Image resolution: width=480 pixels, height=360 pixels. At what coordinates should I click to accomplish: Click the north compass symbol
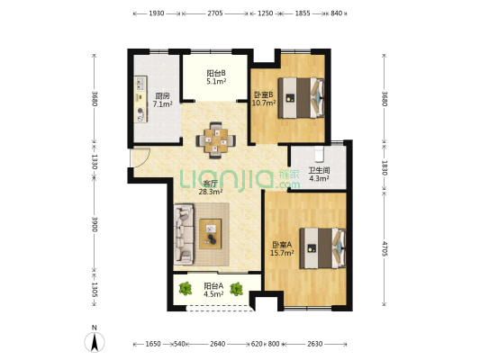[x=95, y=341]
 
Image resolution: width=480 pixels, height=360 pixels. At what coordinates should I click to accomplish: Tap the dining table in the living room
[x=216, y=140]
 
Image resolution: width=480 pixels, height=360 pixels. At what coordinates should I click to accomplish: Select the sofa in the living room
[x=184, y=234]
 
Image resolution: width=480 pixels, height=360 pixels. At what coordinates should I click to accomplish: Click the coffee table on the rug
[x=211, y=234]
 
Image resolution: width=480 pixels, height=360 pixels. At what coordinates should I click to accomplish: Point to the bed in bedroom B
[x=301, y=98]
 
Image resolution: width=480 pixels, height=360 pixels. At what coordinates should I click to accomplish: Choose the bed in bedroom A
[x=322, y=248]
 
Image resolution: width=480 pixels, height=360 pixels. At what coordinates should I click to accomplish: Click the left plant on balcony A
[x=186, y=288]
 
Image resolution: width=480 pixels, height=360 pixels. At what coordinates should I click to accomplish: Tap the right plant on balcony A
[x=236, y=289]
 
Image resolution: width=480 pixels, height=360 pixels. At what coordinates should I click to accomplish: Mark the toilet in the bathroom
[x=319, y=154]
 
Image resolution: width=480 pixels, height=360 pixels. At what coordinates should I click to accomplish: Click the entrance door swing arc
[x=145, y=160]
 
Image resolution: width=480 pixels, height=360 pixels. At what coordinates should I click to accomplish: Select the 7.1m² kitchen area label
[x=162, y=104]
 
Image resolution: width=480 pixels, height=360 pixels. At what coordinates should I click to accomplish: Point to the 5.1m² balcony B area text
[x=216, y=82]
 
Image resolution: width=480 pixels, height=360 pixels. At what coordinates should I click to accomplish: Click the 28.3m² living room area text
[x=211, y=192]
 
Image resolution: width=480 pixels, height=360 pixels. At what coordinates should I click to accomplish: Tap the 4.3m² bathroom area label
[x=319, y=178]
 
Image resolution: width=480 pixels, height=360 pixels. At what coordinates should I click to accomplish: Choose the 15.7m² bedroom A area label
[x=282, y=253]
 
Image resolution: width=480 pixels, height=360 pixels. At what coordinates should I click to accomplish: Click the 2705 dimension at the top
[x=215, y=13]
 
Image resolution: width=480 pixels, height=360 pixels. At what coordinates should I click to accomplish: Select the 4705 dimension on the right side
[x=385, y=248]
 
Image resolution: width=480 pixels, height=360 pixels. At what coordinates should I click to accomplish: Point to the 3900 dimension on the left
[x=95, y=224]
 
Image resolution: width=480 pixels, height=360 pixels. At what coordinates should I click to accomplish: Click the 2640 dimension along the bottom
[x=218, y=344]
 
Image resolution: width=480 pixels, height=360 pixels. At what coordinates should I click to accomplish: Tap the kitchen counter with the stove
[x=140, y=99]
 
